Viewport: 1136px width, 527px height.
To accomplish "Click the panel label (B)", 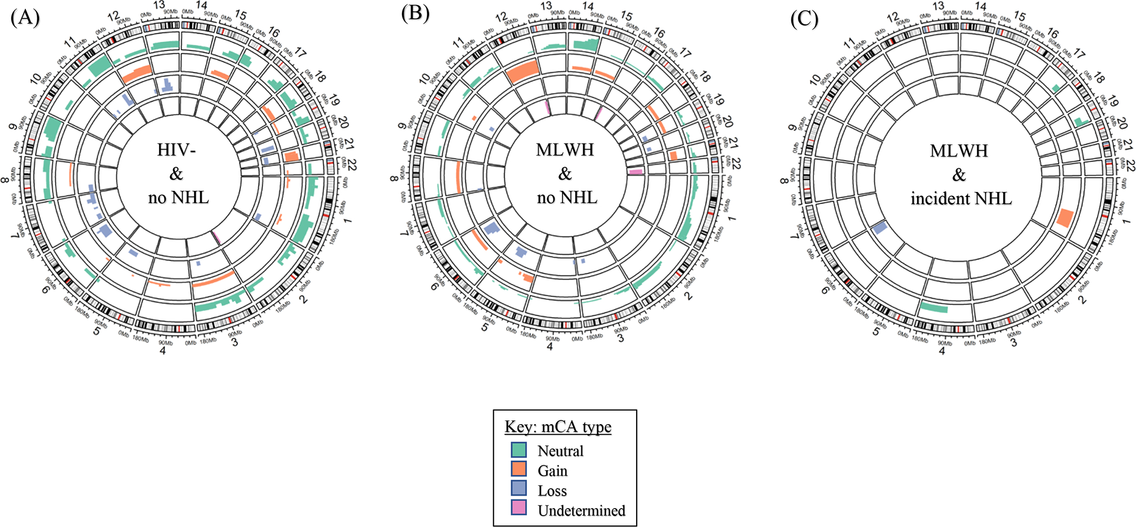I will click(415, 12).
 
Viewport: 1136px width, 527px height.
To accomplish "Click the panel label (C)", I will click(804, 18).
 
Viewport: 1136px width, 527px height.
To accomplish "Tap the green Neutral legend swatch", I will click(519, 450).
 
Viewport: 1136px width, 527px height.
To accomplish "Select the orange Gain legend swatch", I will click(519, 470).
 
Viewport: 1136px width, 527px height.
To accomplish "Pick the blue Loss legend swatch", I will click(519, 489).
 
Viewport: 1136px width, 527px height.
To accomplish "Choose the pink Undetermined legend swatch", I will click(519, 509).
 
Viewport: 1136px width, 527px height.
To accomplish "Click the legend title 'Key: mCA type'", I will click(558, 427).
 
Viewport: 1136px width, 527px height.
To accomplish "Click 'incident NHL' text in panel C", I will click(961, 199).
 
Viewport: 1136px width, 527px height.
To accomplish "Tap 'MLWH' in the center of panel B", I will click(565, 149).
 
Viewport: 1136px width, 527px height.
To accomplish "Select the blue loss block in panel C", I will click(880, 227).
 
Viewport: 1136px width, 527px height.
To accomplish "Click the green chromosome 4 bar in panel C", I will click(934, 308).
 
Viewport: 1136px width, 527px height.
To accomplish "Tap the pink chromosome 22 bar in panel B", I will click(636, 172).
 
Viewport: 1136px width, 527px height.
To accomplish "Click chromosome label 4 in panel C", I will click(942, 351).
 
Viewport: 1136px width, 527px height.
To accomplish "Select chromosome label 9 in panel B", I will click(402, 126).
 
